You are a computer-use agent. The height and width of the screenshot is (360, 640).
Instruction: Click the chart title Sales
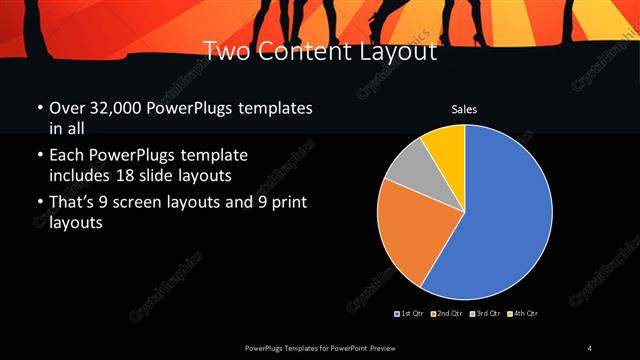pos(464,108)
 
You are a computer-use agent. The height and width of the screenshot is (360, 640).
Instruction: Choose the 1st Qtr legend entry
pos(410,314)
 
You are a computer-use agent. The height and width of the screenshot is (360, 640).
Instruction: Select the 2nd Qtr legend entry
pos(445,314)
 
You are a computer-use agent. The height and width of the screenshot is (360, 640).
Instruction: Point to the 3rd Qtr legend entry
pos(485,314)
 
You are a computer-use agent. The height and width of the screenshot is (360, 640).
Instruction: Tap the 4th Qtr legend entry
pos(522,314)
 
